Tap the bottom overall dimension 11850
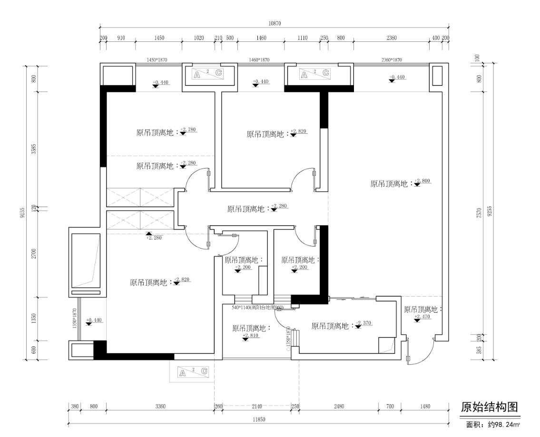click(x=258, y=419)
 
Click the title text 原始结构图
click(x=489, y=407)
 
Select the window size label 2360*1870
click(x=392, y=60)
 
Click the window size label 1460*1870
click(x=259, y=60)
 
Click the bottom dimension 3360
click(x=160, y=407)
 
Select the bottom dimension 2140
click(x=256, y=407)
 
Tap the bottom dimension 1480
click(x=425, y=407)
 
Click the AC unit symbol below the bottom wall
click(x=193, y=372)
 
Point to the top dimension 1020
click(x=199, y=38)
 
